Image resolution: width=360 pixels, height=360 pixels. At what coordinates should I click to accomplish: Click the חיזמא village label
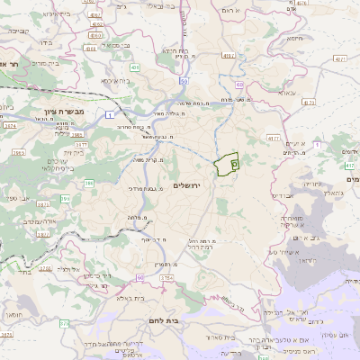pos(295,40)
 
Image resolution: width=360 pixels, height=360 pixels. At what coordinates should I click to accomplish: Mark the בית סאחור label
pos(225,337)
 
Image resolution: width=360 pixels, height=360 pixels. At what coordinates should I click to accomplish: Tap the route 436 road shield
pos(134,67)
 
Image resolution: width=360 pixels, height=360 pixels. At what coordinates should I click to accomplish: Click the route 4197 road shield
pos(228,56)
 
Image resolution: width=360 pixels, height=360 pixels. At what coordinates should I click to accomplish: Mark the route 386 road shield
pos(89,184)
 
